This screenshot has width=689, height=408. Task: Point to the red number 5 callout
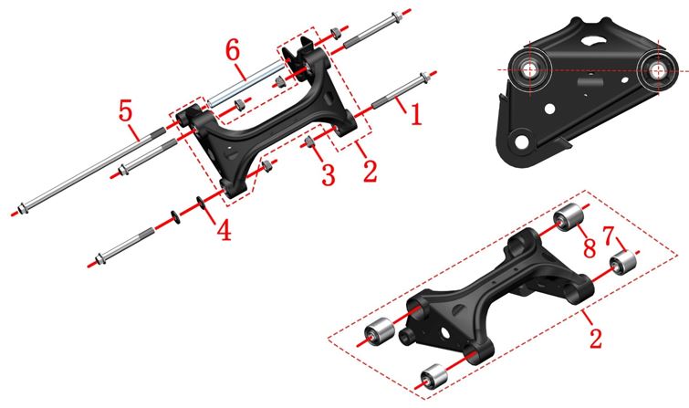point(126,110)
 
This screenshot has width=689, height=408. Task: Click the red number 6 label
point(233,49)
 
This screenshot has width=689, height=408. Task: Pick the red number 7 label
point(609,235)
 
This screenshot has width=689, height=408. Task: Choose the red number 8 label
point(590,247)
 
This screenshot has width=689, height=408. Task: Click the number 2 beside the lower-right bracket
point(595,337)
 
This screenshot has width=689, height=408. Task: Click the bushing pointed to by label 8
point(569,217)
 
